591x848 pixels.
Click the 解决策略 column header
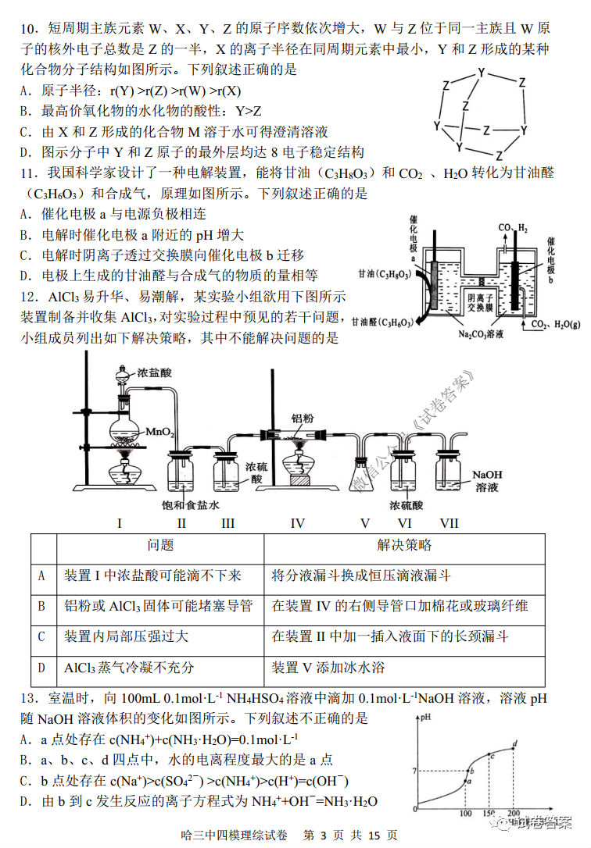point(403,545)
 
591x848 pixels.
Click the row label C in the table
point(42,637)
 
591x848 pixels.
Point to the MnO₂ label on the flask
point(161,431)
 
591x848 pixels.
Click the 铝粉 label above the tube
point(302,419)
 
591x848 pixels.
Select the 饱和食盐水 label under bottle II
point(190,505)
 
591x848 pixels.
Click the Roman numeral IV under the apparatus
point(297,523)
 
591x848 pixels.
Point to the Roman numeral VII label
point(449,523)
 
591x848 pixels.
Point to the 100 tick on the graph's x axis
point(466,815)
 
